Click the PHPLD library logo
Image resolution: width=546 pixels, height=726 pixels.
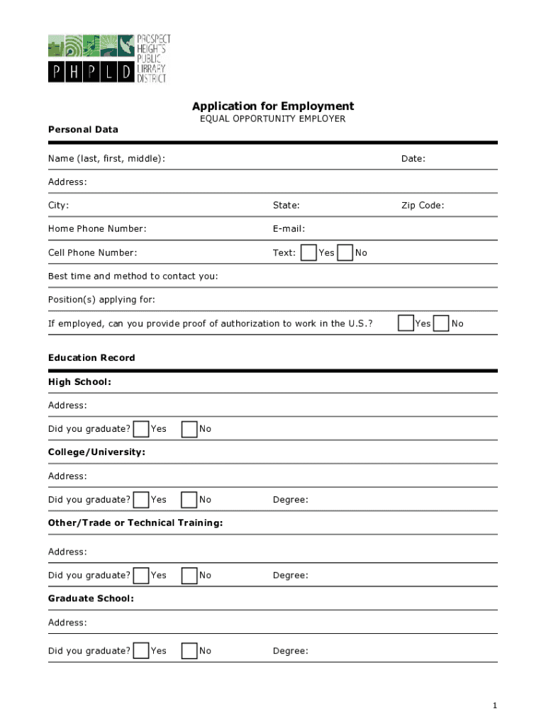coord(109,58)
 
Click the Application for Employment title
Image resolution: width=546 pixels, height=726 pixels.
coord(273,106)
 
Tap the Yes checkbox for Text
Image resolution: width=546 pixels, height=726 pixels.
coord(308,253)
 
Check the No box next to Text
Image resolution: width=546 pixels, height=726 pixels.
coord(345,253)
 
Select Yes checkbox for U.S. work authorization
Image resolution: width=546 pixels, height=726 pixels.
coord(406,323)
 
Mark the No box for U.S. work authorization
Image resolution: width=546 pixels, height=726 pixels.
coord(441,323)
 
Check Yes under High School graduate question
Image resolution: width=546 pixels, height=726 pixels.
coord(141,429)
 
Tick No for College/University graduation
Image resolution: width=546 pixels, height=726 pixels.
coord(189,500)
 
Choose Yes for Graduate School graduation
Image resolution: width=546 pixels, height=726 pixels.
coord(141,651)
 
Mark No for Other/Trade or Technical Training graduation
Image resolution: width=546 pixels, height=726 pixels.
coord(189,575)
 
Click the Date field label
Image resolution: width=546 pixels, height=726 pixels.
coord(413,159)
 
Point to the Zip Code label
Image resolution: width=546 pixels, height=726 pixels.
coord(423,206)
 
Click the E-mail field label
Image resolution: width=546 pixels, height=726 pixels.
coord(289,229)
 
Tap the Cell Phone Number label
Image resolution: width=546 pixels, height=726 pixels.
coord(93,253)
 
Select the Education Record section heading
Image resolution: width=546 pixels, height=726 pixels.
coord(91,358)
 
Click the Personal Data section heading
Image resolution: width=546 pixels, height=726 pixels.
coord(83,130)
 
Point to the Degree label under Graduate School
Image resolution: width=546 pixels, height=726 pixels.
coord(291,651)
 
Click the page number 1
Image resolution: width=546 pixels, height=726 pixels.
coord(495,705)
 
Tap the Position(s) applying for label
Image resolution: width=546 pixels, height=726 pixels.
coord(101,300)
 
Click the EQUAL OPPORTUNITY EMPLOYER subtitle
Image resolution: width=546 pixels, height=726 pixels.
coord(273,119)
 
